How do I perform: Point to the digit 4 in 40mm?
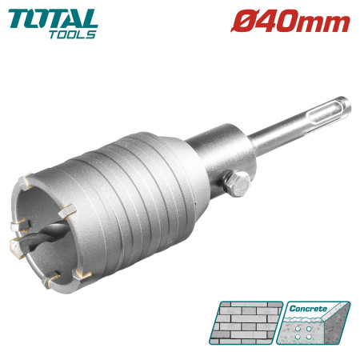[263, 22]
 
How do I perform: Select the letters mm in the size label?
[325, 23]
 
